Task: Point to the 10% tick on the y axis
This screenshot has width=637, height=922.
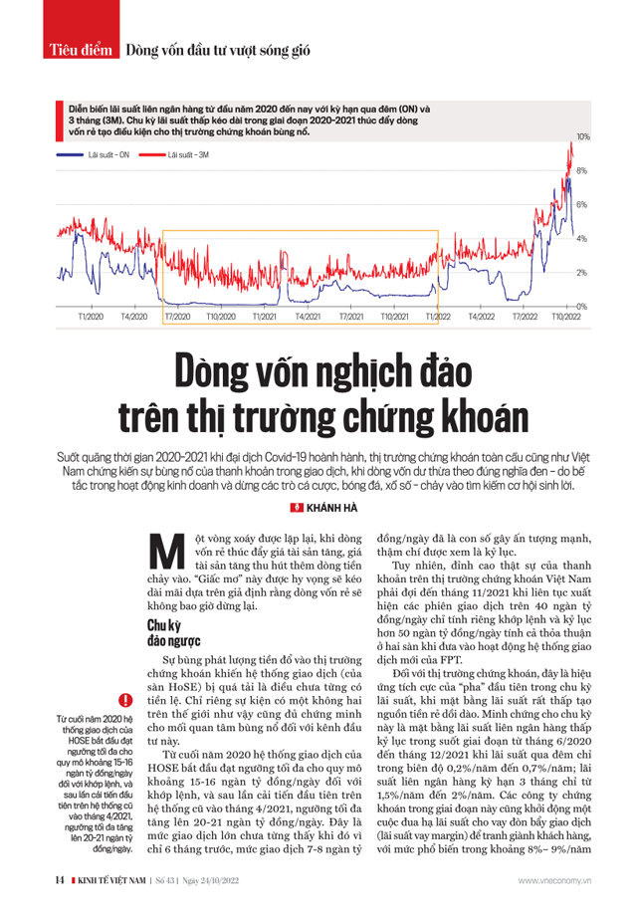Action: click(x=584, y=135)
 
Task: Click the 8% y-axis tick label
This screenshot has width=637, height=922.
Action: click(x=582, y=170)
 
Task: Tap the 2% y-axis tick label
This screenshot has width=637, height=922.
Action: click(x=582, y=273)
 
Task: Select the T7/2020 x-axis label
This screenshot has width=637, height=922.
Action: click(x=177, y=317)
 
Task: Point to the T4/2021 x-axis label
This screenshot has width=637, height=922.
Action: click(x=308, y=317)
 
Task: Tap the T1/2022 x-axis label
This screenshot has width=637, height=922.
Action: click(x=438, y=317)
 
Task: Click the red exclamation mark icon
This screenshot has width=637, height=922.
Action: click(x=124, y=702)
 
